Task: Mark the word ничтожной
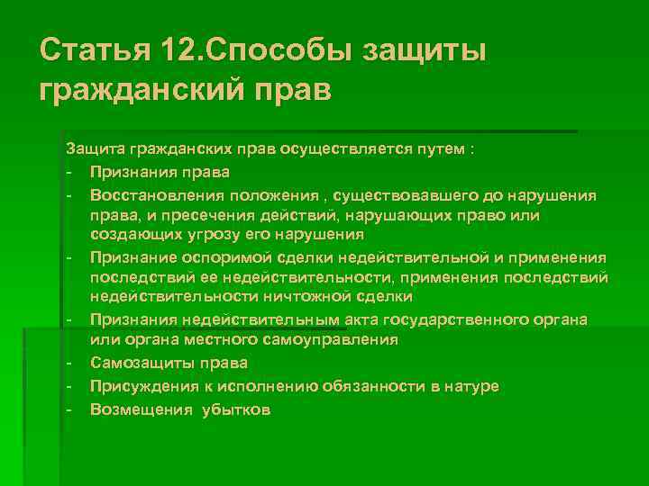320,297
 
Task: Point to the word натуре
471,385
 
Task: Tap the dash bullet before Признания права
69,172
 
